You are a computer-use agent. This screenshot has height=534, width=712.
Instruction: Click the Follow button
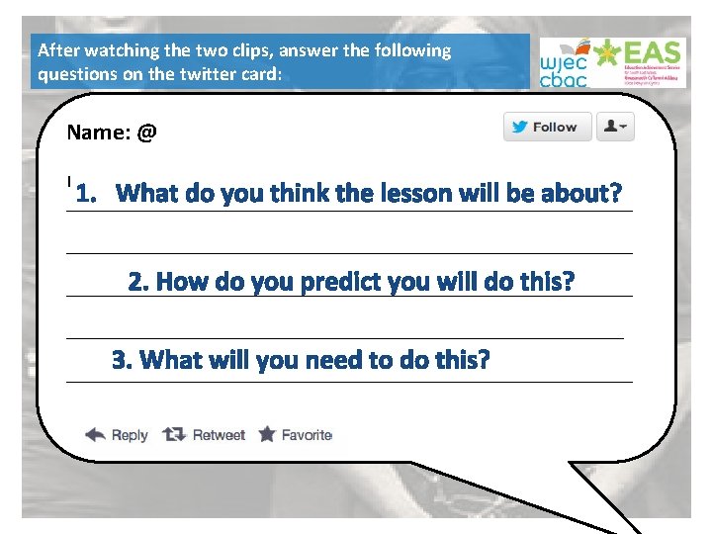547,127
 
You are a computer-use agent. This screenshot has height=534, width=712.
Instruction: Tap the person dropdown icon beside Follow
615,127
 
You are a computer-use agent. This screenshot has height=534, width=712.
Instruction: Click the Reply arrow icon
95,434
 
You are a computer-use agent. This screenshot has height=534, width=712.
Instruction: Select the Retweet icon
173,434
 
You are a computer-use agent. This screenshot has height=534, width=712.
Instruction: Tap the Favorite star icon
267,434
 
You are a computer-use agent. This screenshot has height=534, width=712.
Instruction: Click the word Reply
130,435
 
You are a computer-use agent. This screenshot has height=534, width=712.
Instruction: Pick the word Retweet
219,435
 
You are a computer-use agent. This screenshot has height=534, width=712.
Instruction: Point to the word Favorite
307,435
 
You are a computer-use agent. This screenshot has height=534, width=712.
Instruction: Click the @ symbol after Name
147,132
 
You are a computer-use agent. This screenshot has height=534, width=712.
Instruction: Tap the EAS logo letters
653,52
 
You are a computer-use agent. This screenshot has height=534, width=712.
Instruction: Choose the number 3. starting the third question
123,360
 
